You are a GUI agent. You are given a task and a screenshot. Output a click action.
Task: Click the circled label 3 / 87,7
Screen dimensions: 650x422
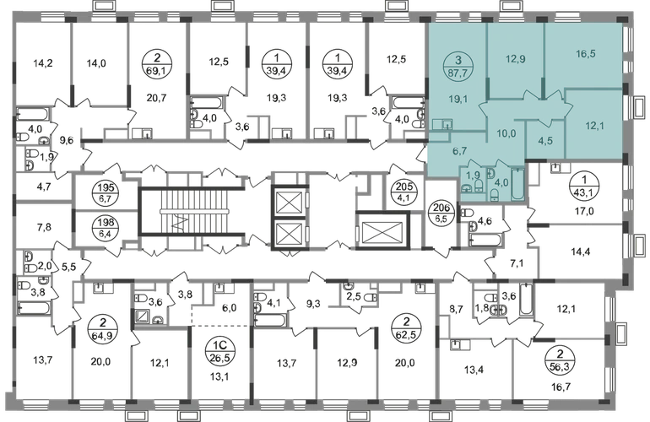458,67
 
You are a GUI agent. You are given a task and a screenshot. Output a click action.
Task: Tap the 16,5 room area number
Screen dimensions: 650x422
586,53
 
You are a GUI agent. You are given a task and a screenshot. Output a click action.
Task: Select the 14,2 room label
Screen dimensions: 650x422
43,63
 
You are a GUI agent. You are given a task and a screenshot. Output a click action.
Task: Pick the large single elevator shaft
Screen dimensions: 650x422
382,231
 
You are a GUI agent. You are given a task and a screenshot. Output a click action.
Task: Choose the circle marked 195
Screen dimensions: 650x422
106,192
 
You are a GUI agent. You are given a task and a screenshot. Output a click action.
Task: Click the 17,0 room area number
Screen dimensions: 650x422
584,211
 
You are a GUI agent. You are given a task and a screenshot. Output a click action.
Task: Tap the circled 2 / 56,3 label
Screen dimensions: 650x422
561,359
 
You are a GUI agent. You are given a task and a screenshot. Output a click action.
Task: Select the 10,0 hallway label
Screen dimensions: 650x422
506,133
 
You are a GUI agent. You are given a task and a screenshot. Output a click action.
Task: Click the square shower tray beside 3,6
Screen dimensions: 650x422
143,316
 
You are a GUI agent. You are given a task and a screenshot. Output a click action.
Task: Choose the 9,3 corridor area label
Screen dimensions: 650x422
313,304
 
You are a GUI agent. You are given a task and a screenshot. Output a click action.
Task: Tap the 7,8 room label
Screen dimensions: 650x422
44,226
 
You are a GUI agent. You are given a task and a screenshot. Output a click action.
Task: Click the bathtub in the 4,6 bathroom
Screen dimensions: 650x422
485,240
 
